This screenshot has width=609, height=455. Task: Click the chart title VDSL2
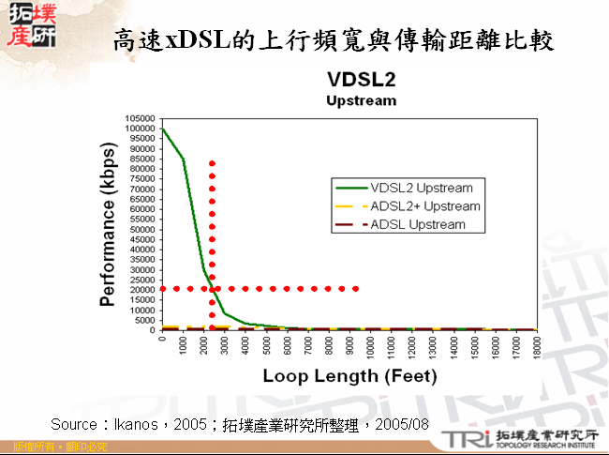point(361,79)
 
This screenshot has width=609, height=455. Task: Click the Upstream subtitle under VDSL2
point(361,100)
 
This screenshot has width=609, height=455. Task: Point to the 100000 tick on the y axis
point(139,129)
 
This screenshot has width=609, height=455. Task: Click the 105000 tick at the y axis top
point(139,118)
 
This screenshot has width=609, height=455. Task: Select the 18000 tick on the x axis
point(535,343)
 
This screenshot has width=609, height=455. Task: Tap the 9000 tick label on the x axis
point(349,343)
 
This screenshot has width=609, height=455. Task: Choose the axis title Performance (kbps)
point(108,225)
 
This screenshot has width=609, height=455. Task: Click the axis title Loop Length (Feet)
point(349,376)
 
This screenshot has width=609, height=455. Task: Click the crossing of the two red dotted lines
point(212,289)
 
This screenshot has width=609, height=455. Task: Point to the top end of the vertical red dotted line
point(212,163)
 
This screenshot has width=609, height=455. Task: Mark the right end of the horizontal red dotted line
point(356,289)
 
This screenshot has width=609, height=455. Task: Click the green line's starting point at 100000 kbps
point(163,129)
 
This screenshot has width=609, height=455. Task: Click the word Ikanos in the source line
point(140,425)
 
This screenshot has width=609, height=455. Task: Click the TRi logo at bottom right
point(464,439)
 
